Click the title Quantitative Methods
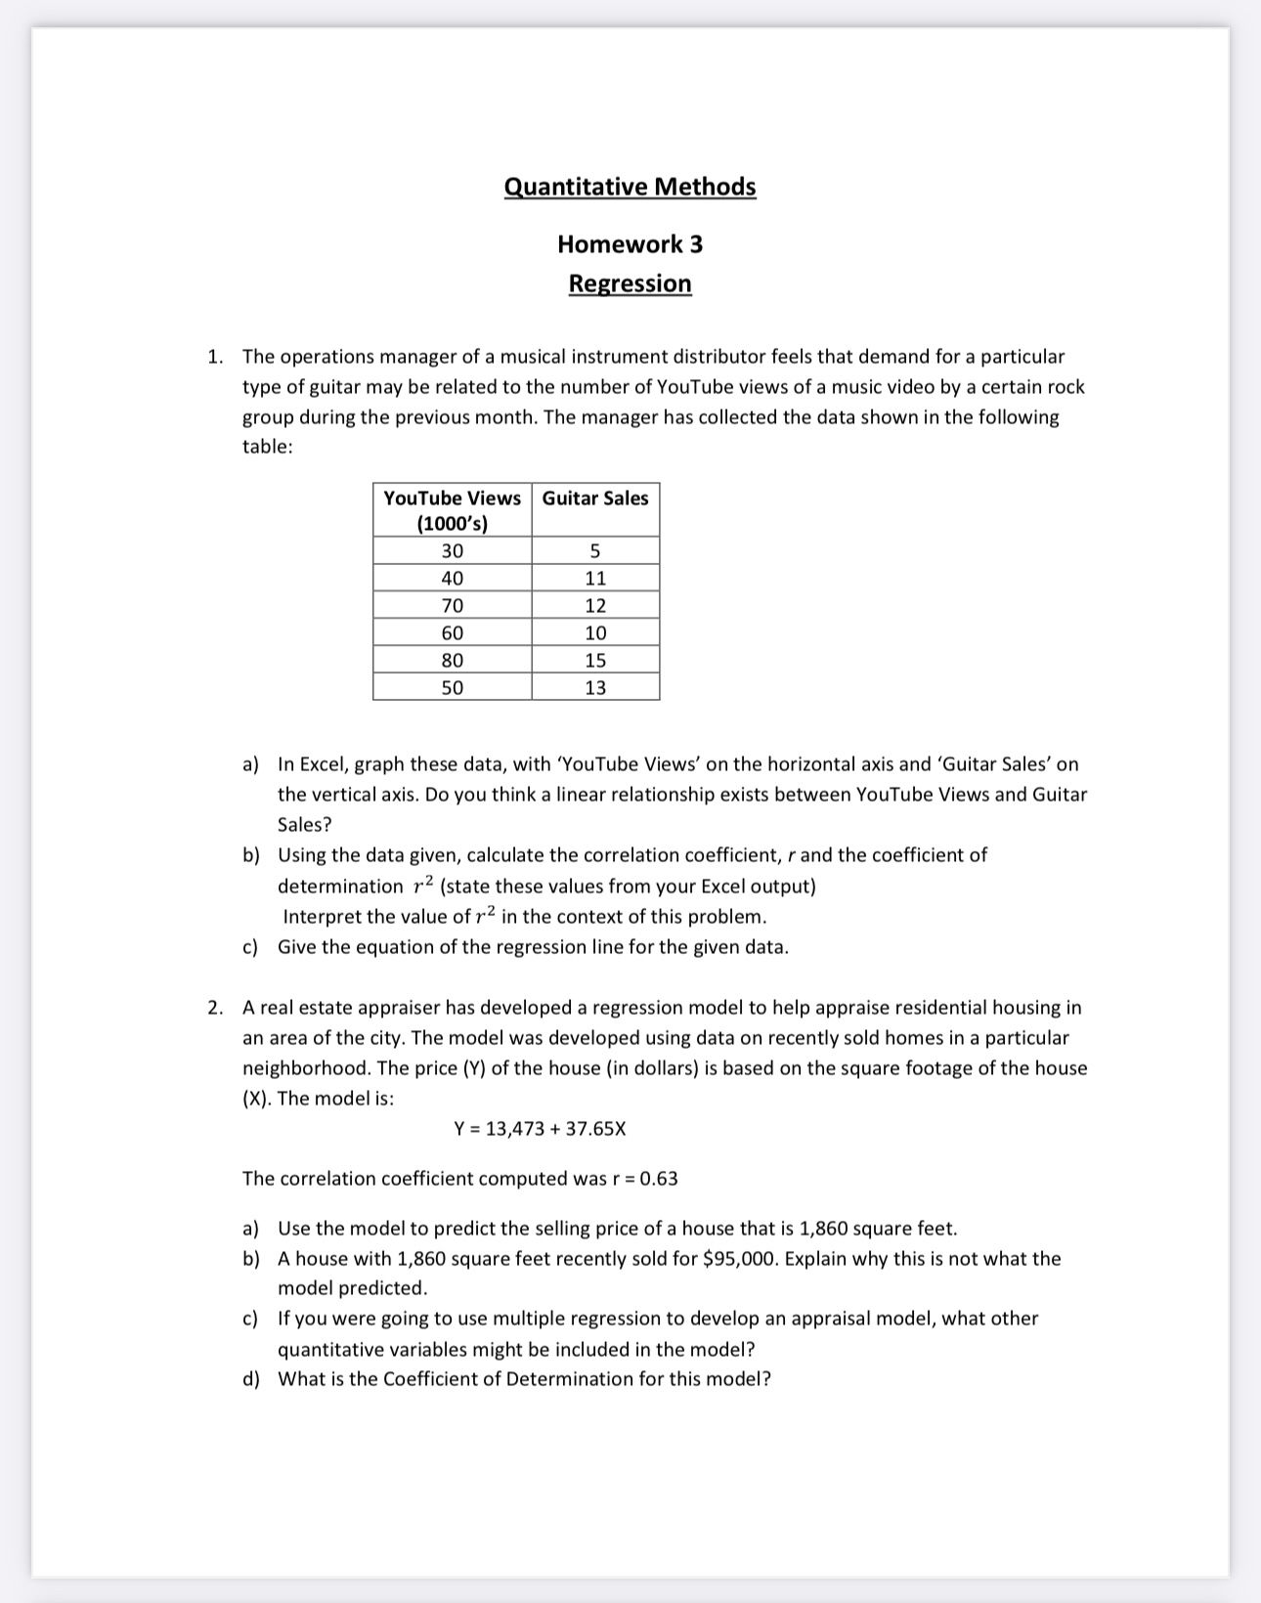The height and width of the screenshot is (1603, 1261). (x=630, y=186)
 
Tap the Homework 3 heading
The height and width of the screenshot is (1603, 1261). (x=630, y=243)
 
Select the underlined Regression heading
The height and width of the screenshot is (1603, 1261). (x=630, y=283)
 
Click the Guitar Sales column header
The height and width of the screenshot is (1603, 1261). (x=595, y=498)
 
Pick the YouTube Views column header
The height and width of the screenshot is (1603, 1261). (x=452, y=510)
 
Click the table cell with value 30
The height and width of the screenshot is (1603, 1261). (x=452, y=551)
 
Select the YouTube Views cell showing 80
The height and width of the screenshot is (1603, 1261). (x=452, y=661)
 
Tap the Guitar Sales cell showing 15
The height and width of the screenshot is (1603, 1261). (x=595, y=661)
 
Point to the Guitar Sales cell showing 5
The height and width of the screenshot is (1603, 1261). (x=595, y=551)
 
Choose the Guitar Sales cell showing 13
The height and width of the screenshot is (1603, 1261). (x=595, y=688)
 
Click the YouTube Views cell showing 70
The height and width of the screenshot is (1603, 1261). (x=452, y=606)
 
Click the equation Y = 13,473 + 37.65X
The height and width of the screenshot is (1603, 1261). (x=540, y=1129)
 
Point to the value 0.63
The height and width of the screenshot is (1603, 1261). (x=659, y=1179)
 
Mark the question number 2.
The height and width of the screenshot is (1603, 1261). (x=214, y=1008)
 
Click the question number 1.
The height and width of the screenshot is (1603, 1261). (x=214, y=357)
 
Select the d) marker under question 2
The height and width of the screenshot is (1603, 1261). (x=251, y=1379)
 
